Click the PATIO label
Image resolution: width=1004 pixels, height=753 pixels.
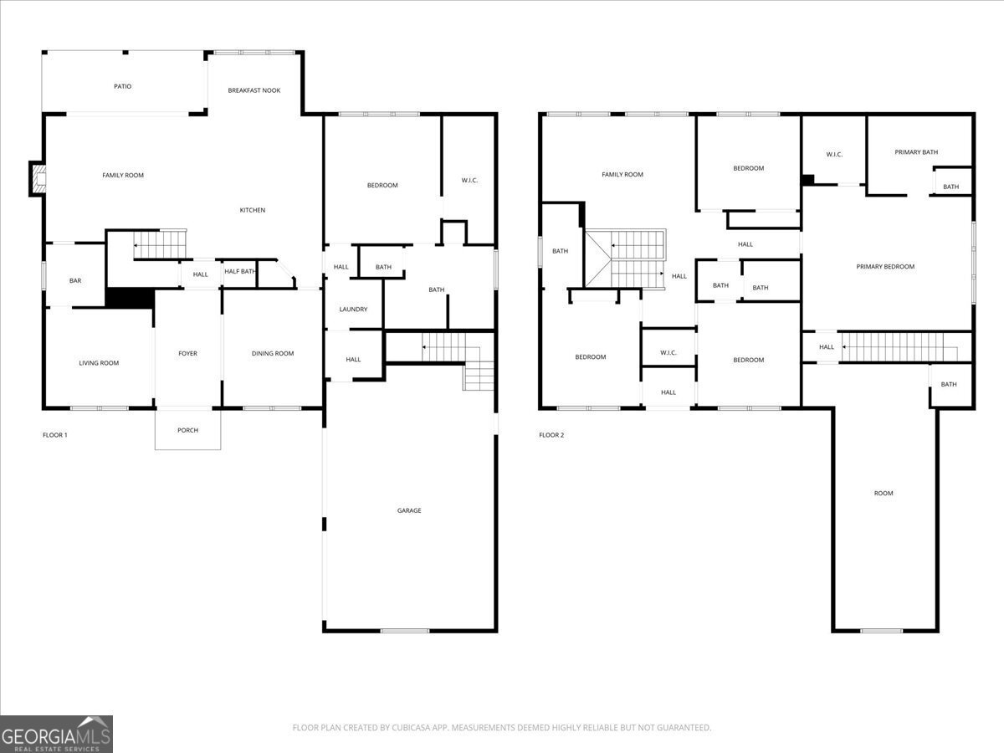click(x=123, y=86)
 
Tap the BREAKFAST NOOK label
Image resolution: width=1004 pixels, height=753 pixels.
click(x=254, y=90)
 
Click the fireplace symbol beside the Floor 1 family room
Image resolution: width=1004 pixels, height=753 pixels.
click(x=37, y=178)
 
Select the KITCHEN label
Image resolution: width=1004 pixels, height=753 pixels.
click(x=253, y=210)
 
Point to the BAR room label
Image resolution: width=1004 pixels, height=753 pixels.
click(x=75, y=280)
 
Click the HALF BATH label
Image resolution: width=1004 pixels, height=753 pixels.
click(x=239, y=271)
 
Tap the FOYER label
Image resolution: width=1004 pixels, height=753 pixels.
click(x=187, y=353)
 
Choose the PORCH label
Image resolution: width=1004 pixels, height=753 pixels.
click(x=187, y=430)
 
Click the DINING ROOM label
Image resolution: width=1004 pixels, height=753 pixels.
click(x=273, y=353)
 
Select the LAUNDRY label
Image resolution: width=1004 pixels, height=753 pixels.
click(x=353, y=310)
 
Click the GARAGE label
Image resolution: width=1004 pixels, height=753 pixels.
click(x=409, y=510)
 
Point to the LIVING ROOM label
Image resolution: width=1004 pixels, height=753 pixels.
click(x=99, y=363)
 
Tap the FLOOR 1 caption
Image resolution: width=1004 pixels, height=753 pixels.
click(x=54, y=435)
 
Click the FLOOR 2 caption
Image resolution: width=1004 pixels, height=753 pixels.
click(x=551, y=435)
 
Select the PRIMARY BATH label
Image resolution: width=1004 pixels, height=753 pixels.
click(x=916, y=152)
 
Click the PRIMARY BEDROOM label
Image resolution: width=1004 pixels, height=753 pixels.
click(x=885, y=267)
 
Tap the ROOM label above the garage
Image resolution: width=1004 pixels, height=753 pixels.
click(x=884, y=494)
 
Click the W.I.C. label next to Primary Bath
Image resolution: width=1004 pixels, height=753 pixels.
click(x=834, y=154)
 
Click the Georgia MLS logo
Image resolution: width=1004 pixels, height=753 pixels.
click(x=56, y=734)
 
